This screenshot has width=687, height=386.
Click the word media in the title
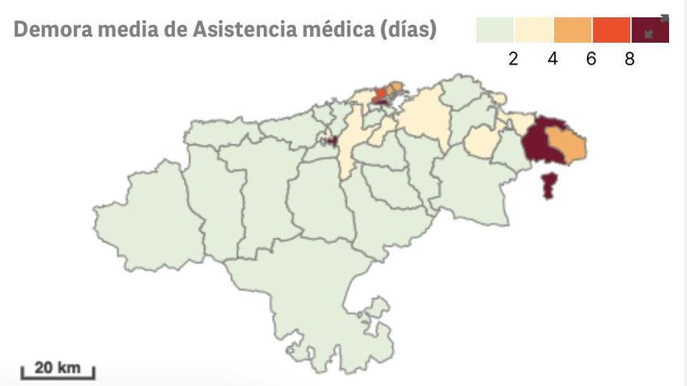point(122,30)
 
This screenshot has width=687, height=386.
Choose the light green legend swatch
point(495,30)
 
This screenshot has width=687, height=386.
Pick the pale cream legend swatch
point(534,30)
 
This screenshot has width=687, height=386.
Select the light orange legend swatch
point(573,30)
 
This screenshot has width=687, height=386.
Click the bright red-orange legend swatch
point(611,30)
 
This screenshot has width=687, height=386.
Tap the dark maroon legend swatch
point(650,30)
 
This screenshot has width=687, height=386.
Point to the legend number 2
point(513,59)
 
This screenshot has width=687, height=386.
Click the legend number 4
point(553,59)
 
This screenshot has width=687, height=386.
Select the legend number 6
point(591,59)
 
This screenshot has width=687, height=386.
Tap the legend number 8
point(630,59)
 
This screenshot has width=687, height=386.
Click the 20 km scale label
point(57,367)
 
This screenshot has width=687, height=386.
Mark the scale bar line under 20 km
point(57,377)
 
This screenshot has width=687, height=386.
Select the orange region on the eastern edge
point(568,145)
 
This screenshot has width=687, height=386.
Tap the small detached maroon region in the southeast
point(550,186)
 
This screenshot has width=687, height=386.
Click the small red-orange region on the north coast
point(381,96)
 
